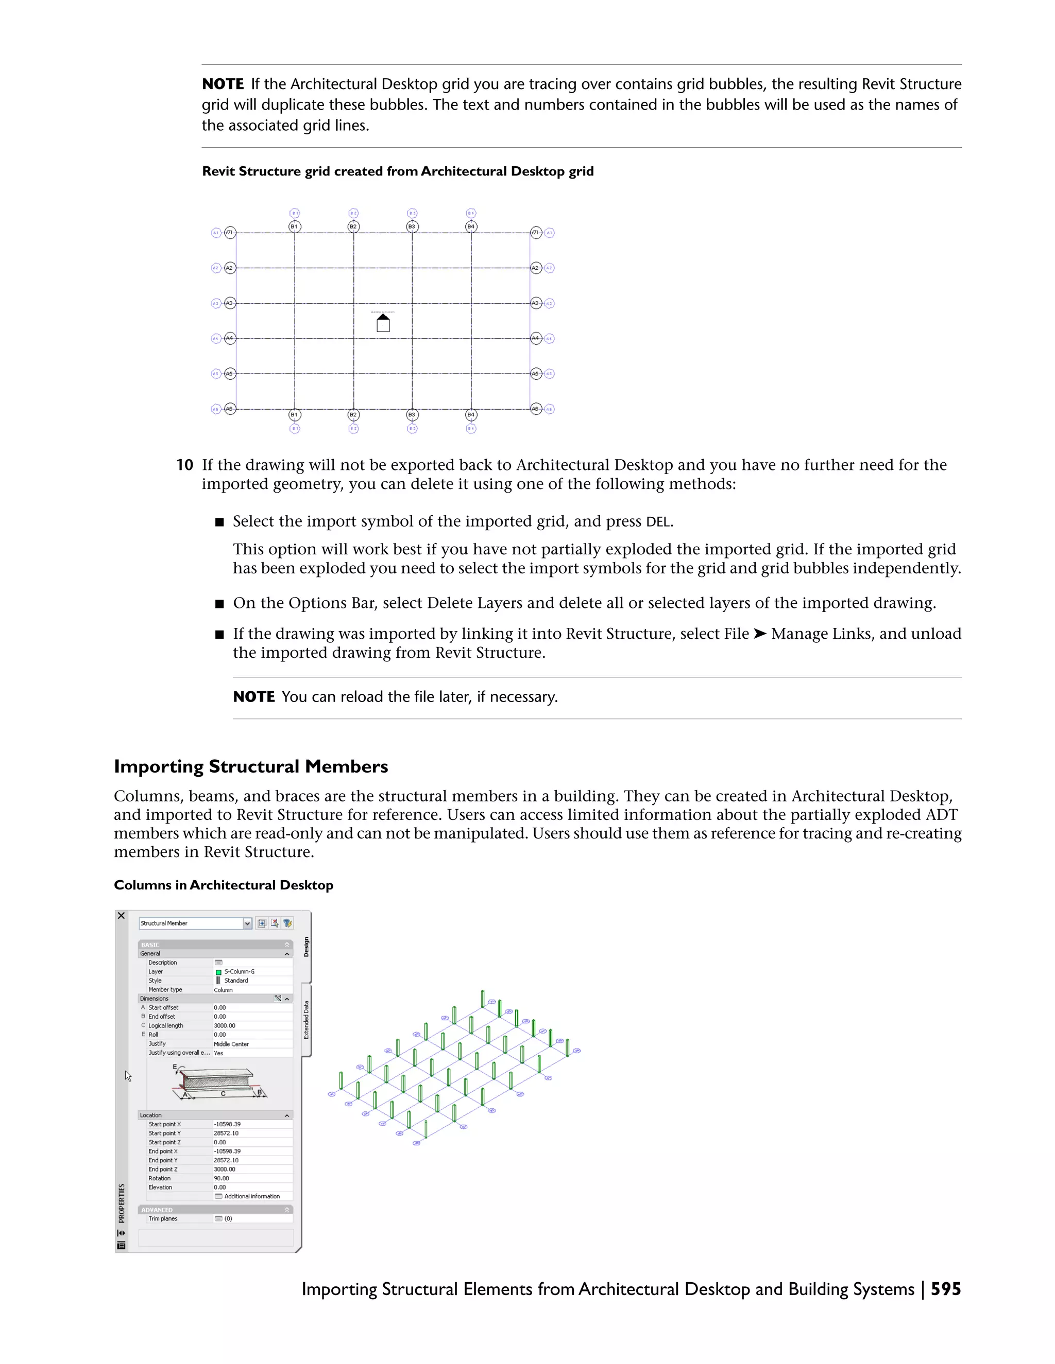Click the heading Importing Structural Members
pyautogui.click(x=251, y=766)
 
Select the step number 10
pyautogui.click(x=184, y=465)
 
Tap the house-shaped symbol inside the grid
pyautogui.click(x=383, y=324)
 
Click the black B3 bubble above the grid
pyautogui.click(x=412, y=226)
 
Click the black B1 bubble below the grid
pyautogui.click(x=294, y=415)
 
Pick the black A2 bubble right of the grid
pyautogui.click(x=535, y=268)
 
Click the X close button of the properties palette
pyautogui.click(x=121, y=916)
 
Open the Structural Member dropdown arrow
pyautogui.click(x=247, y=923)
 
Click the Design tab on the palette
pyautogui.click(x=307, y=946)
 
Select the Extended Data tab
pyautogui.click(x=307, y=1020)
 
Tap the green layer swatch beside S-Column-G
pyautogui.click(x=218, y=972)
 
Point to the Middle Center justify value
pyautogui.click(x=231, y=1044)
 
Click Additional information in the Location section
pyautogui.click(x=251, y=1196)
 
